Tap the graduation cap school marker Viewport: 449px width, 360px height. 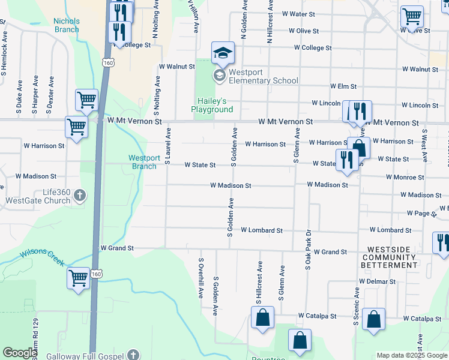pos(223,53)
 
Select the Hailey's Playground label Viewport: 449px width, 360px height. pos(212,105)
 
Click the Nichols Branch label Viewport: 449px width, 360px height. pos(66,25)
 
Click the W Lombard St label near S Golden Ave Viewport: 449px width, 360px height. pos(262,230)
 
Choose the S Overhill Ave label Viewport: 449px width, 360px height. pos(201,279)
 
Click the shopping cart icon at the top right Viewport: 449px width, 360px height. pos(412,17)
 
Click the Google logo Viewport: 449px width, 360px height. pos(20,353)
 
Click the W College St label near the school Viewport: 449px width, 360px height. pos(313,48)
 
